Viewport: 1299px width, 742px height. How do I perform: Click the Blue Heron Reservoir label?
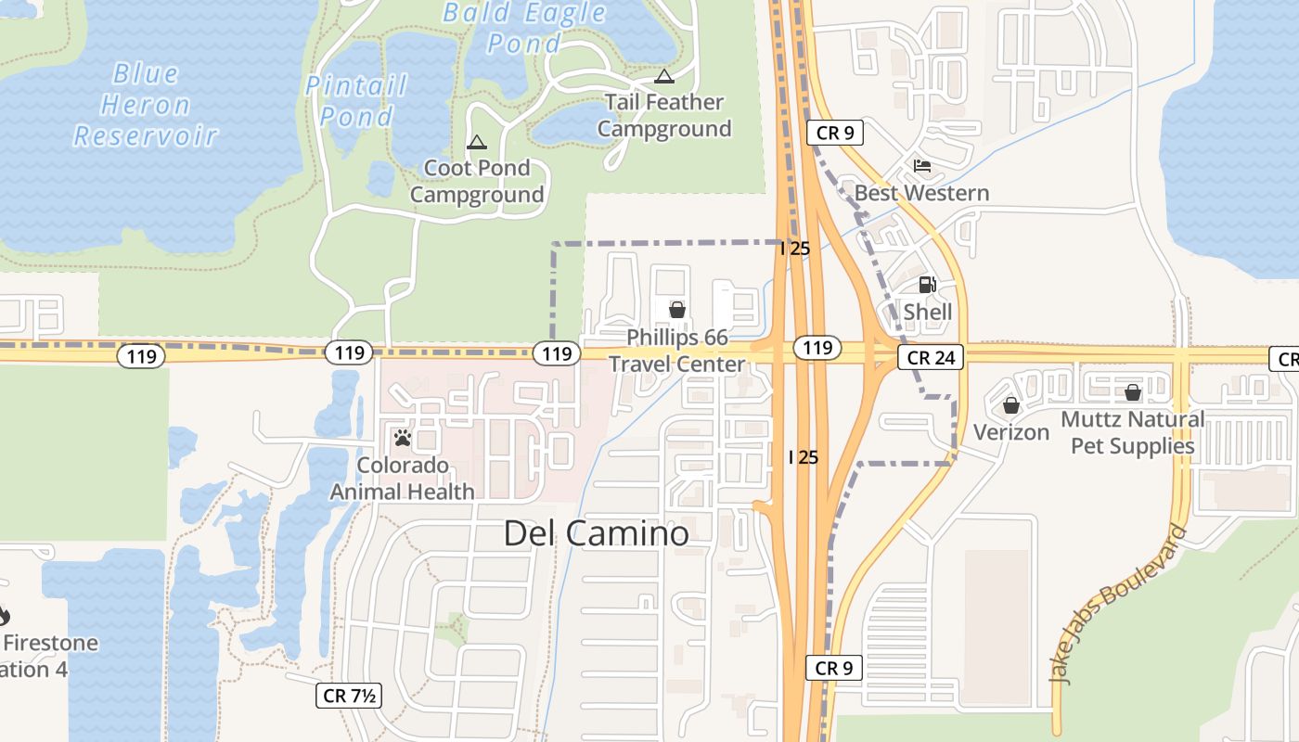[145, 105]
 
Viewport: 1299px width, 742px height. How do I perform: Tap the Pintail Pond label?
[356, 101]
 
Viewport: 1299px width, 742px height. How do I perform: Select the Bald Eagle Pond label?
[524, 28]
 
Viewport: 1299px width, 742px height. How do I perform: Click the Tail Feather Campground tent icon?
[663, 76]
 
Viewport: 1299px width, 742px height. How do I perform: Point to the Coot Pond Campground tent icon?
[477, 142]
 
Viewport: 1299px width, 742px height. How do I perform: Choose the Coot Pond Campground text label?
[477, 182]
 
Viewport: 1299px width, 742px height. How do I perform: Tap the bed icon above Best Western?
[922, 166]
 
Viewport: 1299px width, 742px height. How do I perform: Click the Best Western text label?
[921, 193]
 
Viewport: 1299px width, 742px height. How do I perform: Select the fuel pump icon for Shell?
[927, 285]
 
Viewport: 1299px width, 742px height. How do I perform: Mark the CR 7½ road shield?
[349, 696]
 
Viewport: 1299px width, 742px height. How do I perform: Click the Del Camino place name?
[597, 533]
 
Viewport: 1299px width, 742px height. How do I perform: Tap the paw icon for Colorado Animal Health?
[403, 437]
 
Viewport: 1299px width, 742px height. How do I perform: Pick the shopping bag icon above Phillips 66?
[677, 310]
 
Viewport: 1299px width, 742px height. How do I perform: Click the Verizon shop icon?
[1011, 405]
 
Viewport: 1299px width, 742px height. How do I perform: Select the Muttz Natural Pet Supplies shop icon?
[1133, 392]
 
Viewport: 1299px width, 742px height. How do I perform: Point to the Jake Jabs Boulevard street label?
[1118, 604]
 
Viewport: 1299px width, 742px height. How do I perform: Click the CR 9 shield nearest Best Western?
[835, 133]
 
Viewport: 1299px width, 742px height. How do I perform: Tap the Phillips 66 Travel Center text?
[677, 351]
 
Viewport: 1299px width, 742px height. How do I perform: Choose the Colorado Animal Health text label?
[403, 479]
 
